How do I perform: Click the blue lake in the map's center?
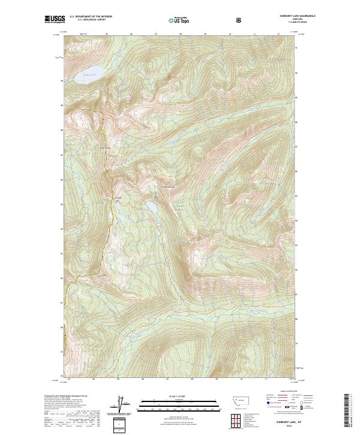[152, 206]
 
